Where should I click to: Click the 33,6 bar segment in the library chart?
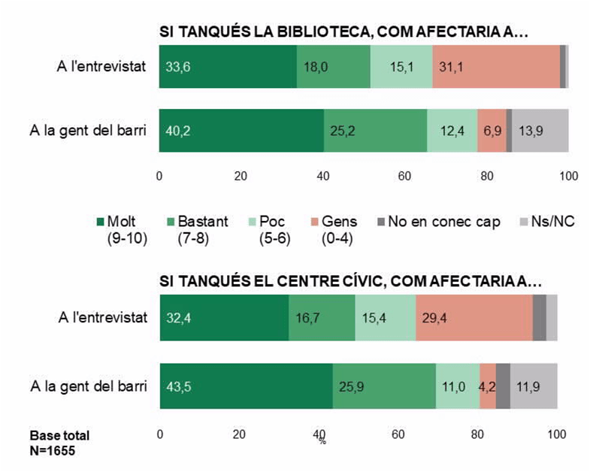click(x=228, y=66)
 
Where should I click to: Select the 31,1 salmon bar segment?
click(x=496, y=66)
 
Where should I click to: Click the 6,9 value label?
click(x=492, y=130)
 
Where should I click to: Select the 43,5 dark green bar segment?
click(x=246, y=386)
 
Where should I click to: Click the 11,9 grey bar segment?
click(x=534, y=386)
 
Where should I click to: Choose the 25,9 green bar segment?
click(x=384, y=386)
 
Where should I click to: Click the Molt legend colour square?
click(x=101, y=222)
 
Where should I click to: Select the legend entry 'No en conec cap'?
click(x=444, y=222)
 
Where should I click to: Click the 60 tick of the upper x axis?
click(x=405, y=176)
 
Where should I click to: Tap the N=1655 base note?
click(x=53, y=451)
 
